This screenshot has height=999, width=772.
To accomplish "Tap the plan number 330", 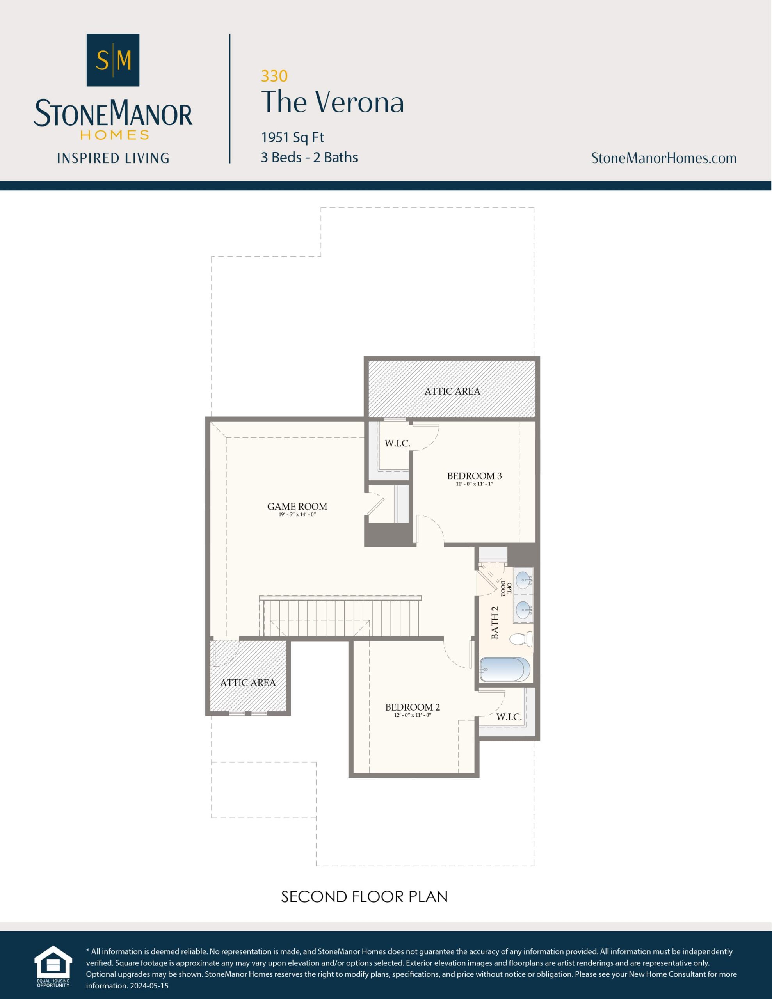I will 274,76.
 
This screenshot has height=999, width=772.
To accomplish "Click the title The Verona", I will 333,102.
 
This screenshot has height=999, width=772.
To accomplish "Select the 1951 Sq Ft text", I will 292,137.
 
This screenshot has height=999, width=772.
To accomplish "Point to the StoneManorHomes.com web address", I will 663,158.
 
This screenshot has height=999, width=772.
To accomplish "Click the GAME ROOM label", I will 297,507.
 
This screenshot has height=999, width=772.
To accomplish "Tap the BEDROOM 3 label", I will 474,476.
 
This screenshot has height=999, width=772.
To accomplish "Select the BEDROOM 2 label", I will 412,707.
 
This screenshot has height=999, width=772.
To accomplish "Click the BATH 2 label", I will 495,622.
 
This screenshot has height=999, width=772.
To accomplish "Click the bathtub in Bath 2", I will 505,670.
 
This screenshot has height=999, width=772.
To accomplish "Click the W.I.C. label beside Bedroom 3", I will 397,443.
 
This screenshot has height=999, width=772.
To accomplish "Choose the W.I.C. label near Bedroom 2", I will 509,717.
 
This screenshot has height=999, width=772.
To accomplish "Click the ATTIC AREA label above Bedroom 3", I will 452,391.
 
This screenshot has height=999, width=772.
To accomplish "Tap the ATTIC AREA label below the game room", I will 247,683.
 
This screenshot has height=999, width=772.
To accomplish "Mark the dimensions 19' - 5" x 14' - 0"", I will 297,515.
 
